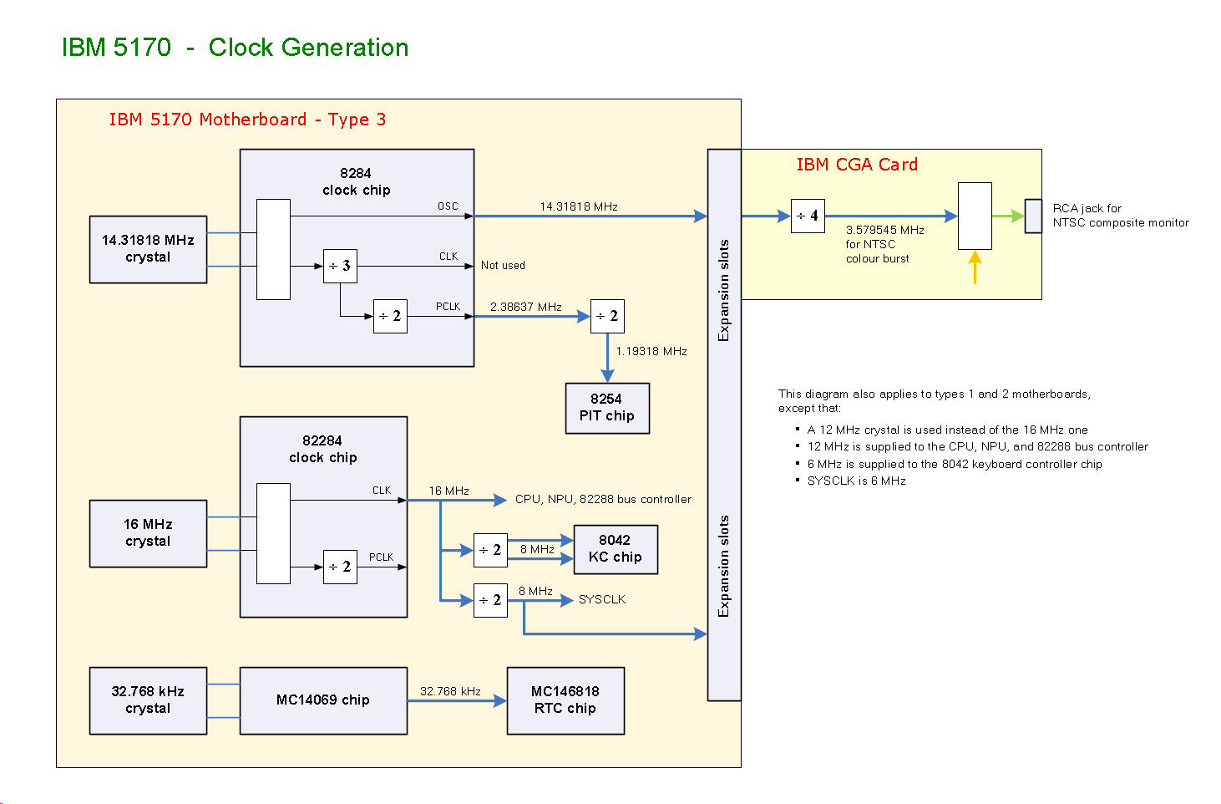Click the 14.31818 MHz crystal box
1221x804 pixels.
pos(148,249)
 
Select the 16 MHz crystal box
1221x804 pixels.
pos(148,533)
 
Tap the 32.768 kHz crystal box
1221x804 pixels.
pos(148,700)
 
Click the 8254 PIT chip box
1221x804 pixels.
pos(607,408)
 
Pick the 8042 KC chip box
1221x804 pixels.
pos(616,549)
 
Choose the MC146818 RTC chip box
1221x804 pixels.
pos(565,700)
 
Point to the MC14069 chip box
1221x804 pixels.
pos(323,700)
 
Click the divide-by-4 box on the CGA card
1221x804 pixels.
pos(808,216)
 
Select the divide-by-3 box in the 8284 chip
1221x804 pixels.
pos(340,266)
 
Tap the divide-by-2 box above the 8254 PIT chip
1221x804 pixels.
pos(607,316)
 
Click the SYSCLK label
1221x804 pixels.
pos(602,599)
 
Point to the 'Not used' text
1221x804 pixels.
pos(503,265)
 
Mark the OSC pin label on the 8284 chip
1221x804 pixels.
pos(448,206)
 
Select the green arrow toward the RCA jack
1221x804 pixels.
pos(1008,216)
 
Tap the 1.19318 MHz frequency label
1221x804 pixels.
pos(651,351)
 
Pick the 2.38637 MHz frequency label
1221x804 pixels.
pos(526,307)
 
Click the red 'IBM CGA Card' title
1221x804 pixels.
pos(857,165)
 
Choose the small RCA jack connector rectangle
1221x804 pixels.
pos(1033,216)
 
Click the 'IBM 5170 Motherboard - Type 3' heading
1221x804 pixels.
pos(247,120)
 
